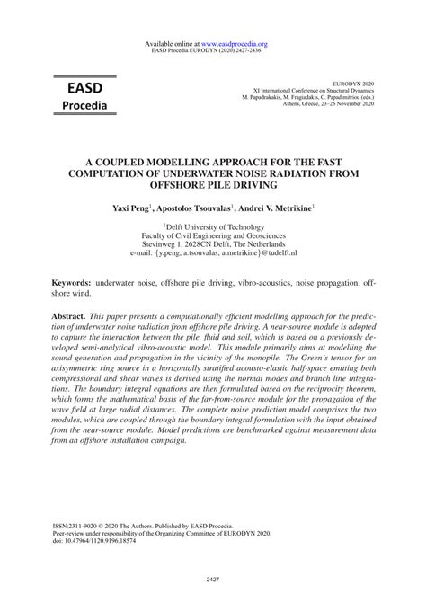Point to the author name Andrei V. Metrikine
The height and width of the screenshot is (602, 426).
point(280,207)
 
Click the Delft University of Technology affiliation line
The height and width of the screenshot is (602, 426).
point(212,228)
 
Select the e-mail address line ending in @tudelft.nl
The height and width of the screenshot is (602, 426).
point(212,254)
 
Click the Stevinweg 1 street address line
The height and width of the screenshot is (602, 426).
point(212,245)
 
